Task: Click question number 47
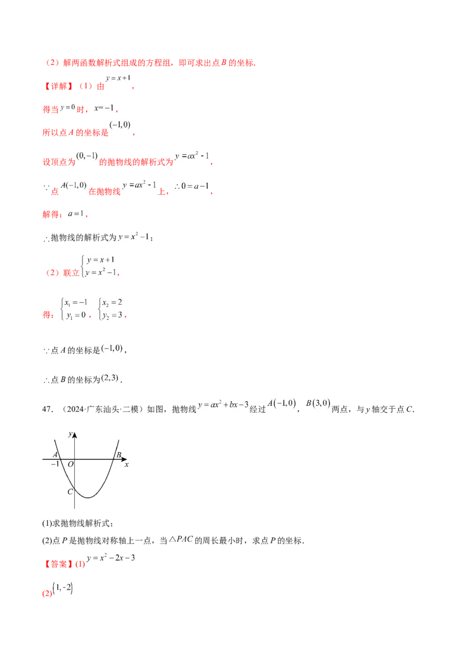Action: pos(48,409)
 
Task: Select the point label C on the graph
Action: pos(70,492)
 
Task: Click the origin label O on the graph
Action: pos(71,464)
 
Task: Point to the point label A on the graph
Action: pos(55,455)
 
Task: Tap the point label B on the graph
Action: pos(119,455)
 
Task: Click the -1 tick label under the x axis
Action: pos(55,464)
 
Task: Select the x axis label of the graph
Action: pos(126,465)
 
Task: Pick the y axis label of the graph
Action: pos(70,434)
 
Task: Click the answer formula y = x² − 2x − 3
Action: pos(111,558)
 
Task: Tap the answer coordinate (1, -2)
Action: pos(63,588)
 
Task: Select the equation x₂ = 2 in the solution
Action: pos(112,302)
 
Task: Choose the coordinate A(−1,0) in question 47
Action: pos(282,403)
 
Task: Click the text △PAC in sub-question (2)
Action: pos(181,539)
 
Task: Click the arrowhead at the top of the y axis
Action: pos(75,435)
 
